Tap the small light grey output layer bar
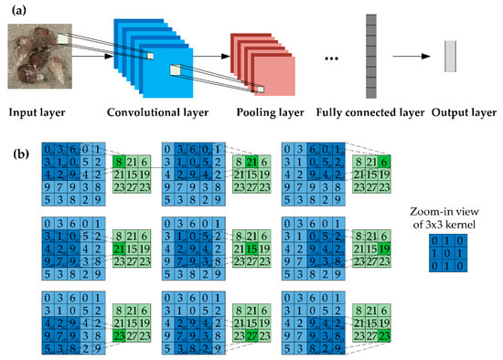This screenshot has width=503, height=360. tap(450, 57)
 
